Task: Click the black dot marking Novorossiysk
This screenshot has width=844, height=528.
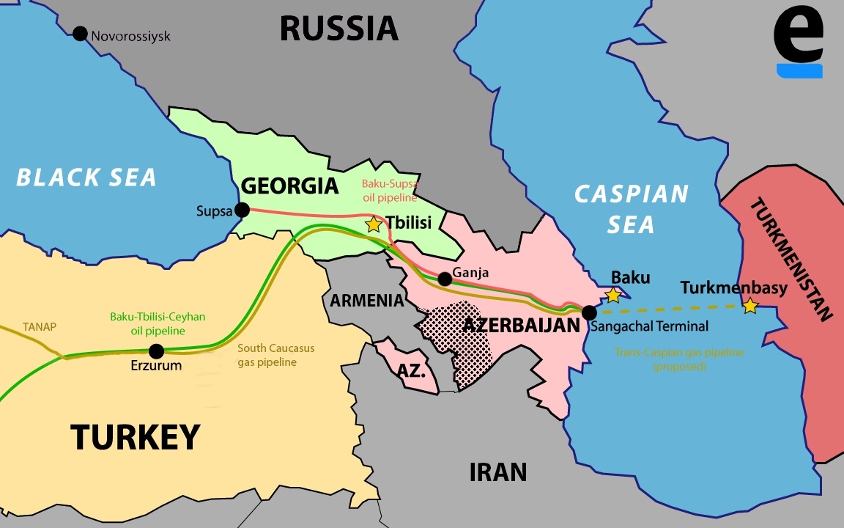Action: [x=80, y=34]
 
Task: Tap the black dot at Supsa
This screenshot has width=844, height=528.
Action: [x=242, y=210]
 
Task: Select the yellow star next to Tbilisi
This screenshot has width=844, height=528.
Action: [x=374, y=224]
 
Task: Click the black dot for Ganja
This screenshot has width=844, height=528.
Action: [x=444, y=279]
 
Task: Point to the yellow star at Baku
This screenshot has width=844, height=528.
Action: [x=613, y=296]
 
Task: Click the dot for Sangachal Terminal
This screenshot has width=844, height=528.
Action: [x=589, y=312]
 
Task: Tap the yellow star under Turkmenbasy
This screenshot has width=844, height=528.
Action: [x=749, y=307]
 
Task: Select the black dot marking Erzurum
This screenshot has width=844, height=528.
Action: [x=156, y=351]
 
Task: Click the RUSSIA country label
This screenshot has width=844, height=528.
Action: [x=338, y=29]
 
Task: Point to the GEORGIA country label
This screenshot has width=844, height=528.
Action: [x=290, y=186]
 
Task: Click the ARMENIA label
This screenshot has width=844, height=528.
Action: [x=366, y=301]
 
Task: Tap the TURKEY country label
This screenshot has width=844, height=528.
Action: [x=136, y=437]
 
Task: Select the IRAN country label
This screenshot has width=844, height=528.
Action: [x=498, y=472]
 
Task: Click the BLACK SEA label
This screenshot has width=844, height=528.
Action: [x=86, y=177]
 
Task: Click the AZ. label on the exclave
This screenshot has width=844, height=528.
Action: [x=412, y=371]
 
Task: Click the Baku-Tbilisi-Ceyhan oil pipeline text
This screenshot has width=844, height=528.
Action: [x=158, y=324]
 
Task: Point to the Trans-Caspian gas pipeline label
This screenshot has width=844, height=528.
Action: [x=679, y=359]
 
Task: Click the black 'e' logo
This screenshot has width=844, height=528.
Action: [x=799, y=40]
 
